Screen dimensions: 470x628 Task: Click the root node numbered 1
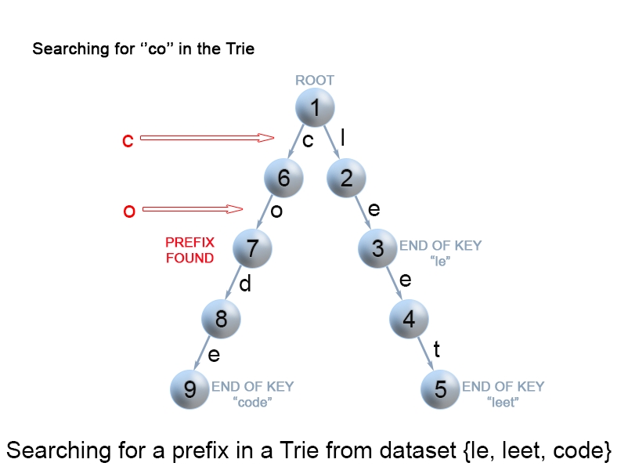(315, 108)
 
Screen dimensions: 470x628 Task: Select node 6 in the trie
(283, 178)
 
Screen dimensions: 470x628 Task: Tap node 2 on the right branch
(346, 178)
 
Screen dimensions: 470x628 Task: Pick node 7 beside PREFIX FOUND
(252, 248)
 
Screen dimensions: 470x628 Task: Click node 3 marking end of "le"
(377, 248)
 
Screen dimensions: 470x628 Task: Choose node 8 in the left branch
(221, 319)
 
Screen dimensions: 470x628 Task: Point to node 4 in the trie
(409, 319)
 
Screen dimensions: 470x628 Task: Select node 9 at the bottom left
(189, 389)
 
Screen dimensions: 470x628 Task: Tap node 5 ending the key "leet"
(440, 389)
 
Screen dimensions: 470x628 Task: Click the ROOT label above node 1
(314, 80)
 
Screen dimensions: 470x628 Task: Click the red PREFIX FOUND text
(189, 250)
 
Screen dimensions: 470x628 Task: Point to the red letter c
(128, 140)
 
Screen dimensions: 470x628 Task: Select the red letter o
(129, 210)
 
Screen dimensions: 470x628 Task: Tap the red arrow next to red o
(193, 209)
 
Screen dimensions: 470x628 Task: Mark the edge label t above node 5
(436, 349)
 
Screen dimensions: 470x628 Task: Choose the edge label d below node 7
(245, 284)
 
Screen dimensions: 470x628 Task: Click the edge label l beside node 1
(342, 138)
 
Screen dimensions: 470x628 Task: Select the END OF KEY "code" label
(252, 394)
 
